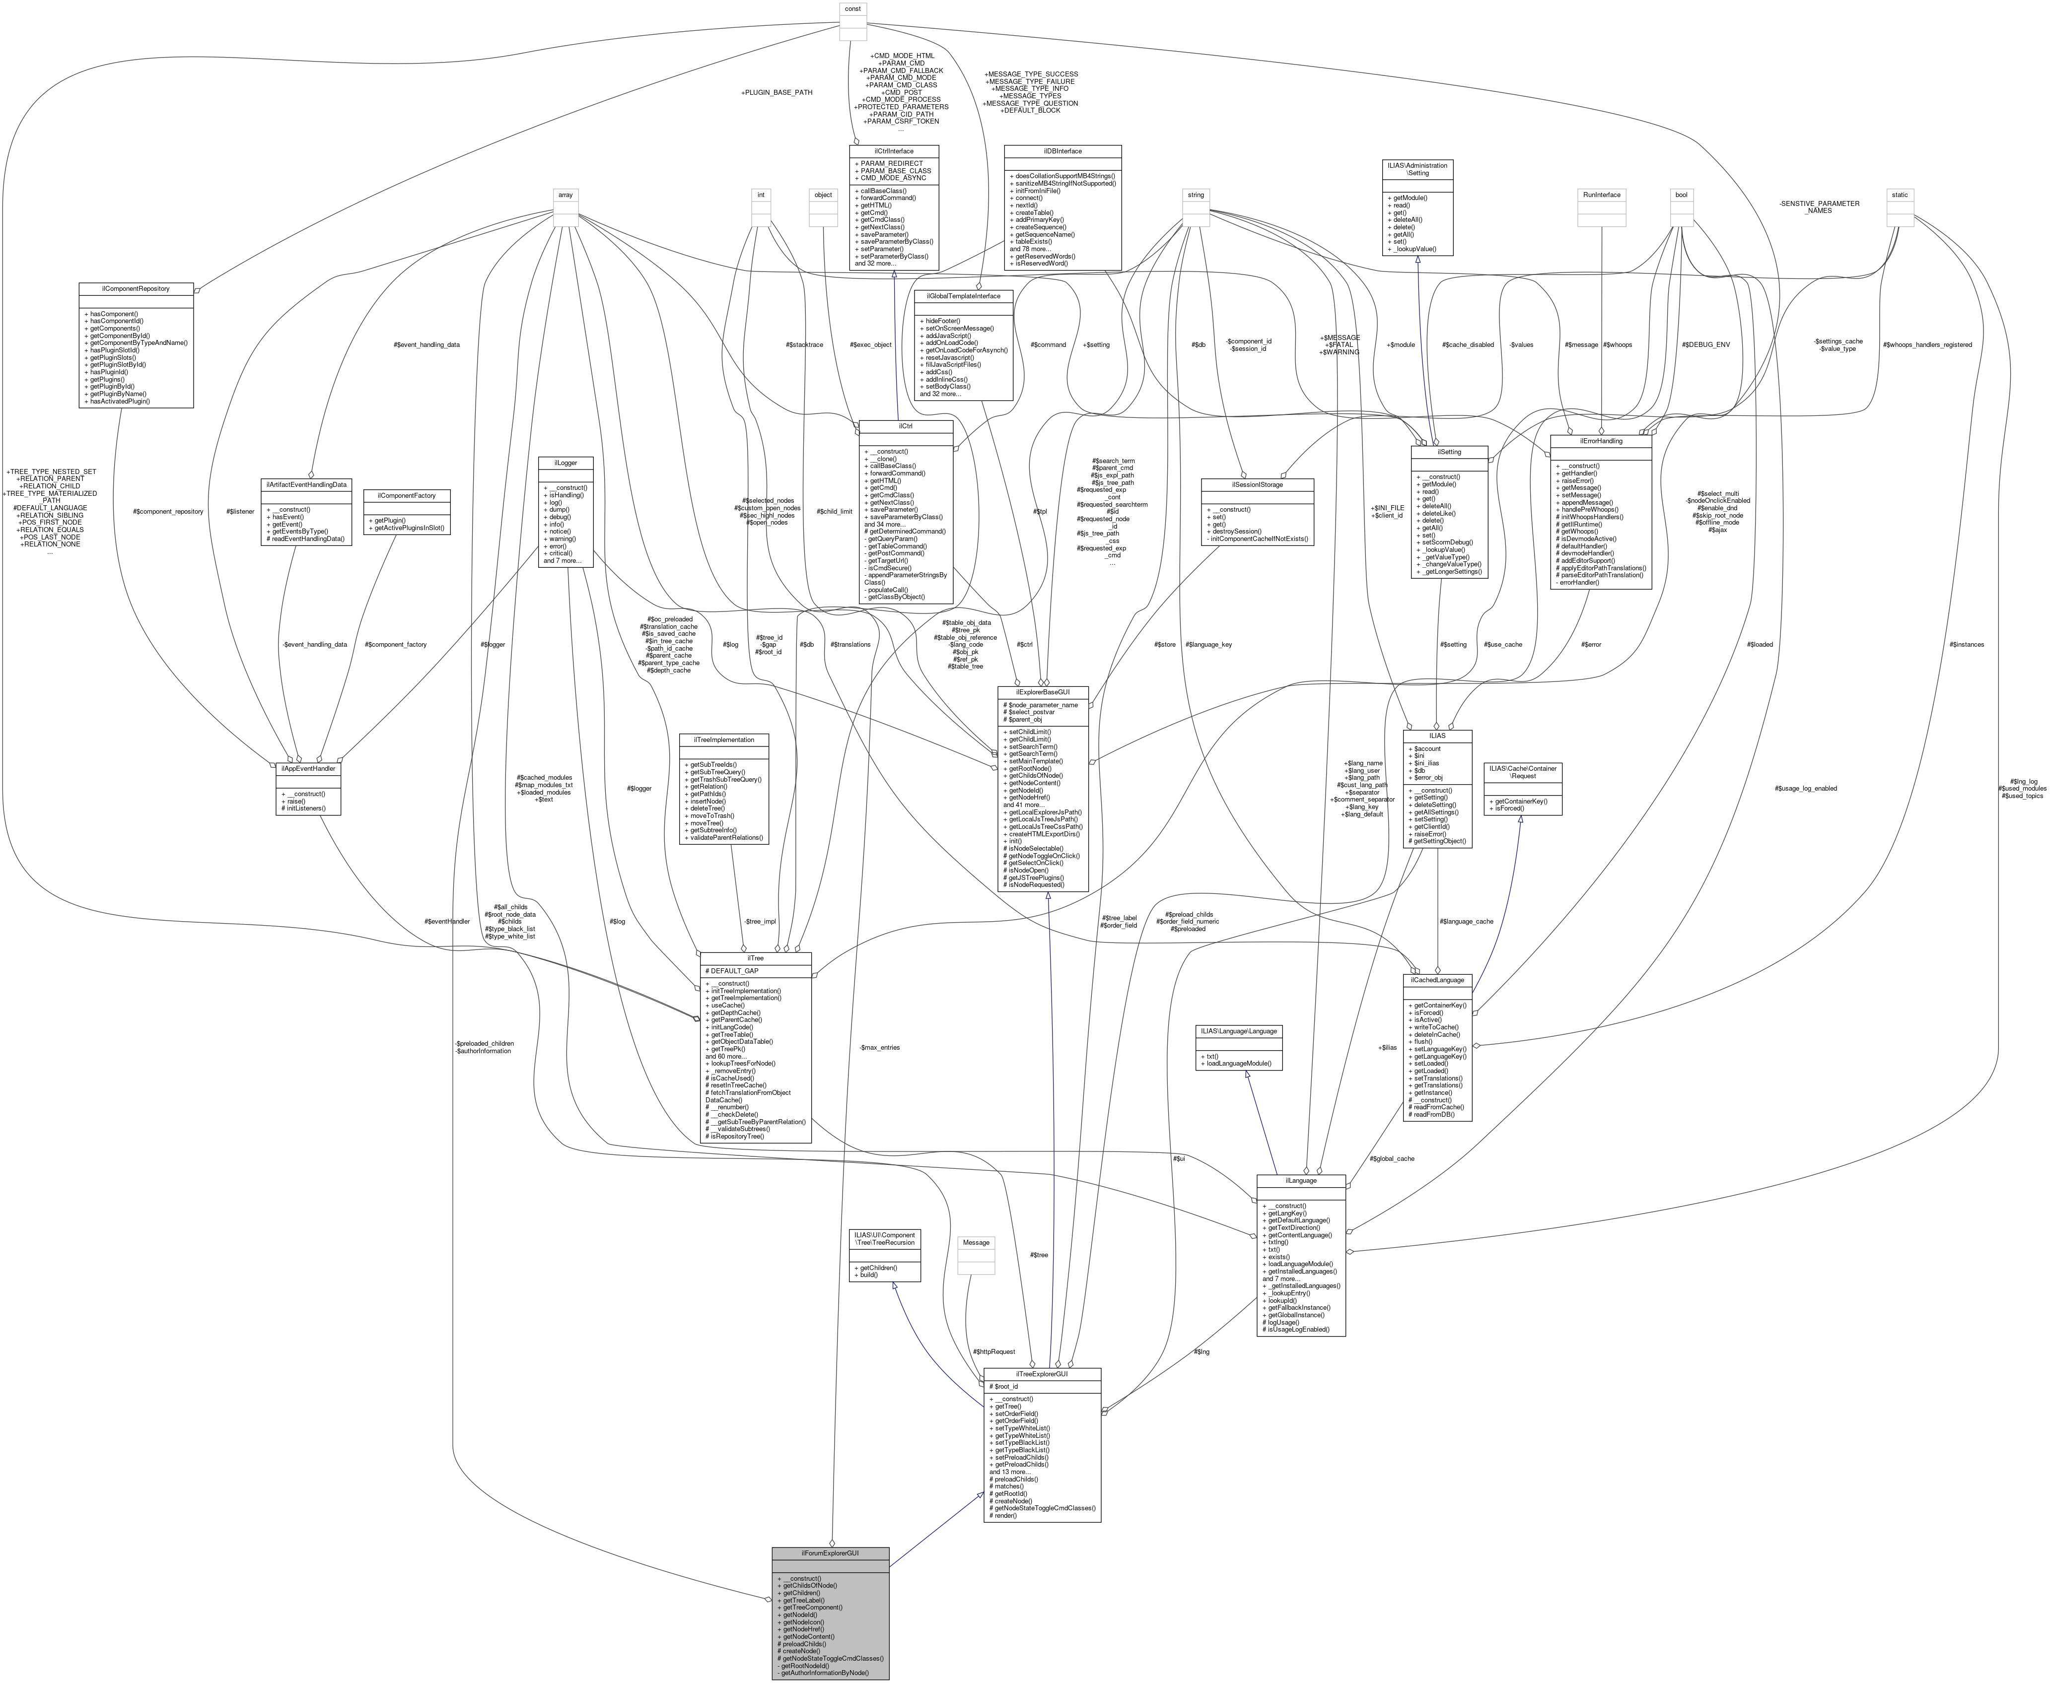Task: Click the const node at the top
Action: pyautogui.click(x=852, y=9)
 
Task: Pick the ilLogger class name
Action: pyautogui.click(x=566, y=463)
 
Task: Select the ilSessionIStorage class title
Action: pyautogui.click(x=1258, y=484)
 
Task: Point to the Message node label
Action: pyautogui.click(x=977, y=1242)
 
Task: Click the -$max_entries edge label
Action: pyautogui.click(x=880, y=1047)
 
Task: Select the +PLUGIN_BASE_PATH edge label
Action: pyautogui.click(x=776, y=92)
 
